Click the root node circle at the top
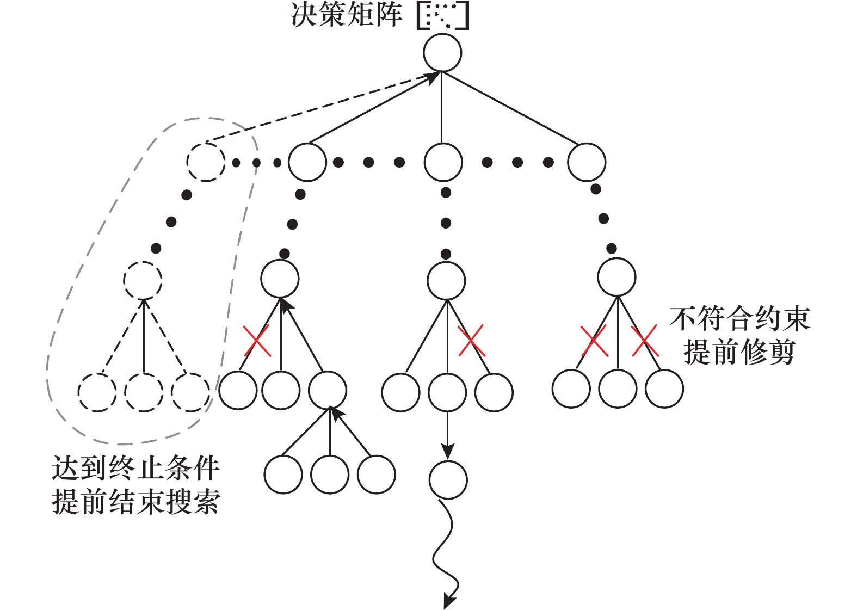pos(442,53)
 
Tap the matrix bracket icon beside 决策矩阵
pos(442,16)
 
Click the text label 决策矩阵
pos(347,15)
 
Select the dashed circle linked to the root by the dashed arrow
pos(206,162)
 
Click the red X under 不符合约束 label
pos(645,341)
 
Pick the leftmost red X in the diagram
pos(256,341)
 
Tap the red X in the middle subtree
pos(471,341)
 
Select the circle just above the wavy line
pos(448,479)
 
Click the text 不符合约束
pos(739,319)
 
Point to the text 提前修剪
pos(739,352)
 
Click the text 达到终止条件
pos(135,468)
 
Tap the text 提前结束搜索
pos(135,501)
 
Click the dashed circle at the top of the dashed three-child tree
pos(143,280)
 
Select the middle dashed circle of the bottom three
pos(144,392)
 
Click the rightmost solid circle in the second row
pos(587,162)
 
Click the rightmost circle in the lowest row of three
pos(377,475)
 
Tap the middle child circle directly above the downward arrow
pos(447,392)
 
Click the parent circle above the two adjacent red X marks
pos(616,277)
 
